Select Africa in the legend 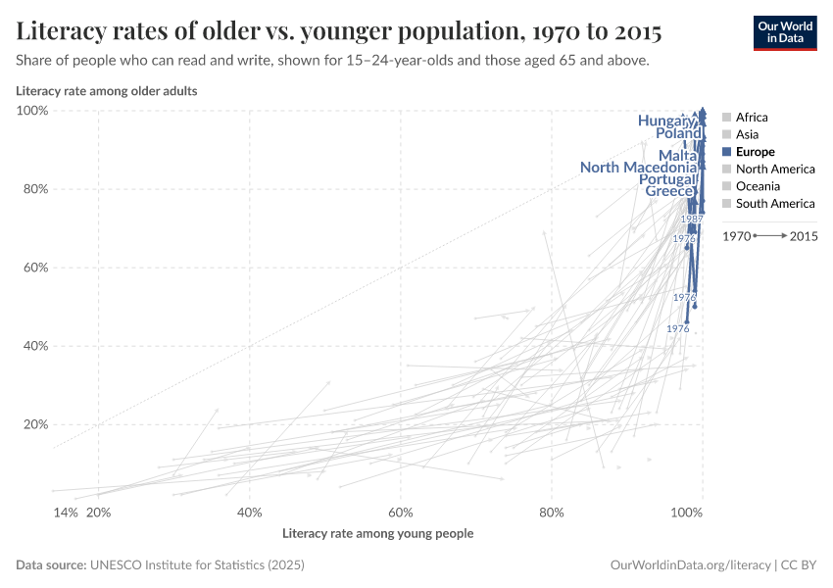click(x=751, y=117)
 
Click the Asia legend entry click(x=746, y=134)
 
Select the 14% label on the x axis click(x=65, y=513)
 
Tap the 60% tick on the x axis click(x=401, y=513)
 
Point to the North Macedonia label click(x=638, y=168)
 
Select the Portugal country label click(x=666, y=179)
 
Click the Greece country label click(x=669, y=191)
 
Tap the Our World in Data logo click(x=784, y=32)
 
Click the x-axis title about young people click(x=377, y=534)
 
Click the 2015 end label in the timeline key click(x=804, y=236)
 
